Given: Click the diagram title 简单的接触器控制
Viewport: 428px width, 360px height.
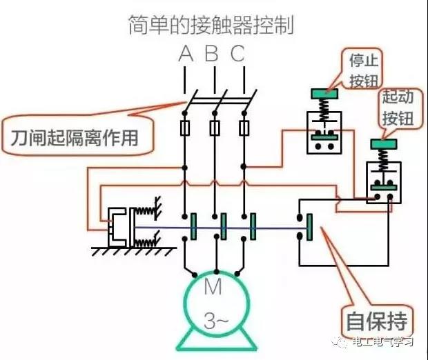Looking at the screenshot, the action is tap(211, 25).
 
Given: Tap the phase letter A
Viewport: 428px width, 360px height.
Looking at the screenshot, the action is tap(186, 54).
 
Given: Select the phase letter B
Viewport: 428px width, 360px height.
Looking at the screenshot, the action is tap(212, 53).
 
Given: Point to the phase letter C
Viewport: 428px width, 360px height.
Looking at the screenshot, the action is tap(237, 54).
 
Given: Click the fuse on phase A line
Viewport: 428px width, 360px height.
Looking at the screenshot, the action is tap(185, 128).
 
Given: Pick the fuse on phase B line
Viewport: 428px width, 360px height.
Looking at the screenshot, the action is tap(215, 128).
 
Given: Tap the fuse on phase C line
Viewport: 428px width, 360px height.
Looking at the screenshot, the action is tap(244, 128).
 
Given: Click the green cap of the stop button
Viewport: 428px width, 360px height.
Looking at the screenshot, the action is tap(324, 94).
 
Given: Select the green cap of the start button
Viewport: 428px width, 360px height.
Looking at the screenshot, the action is tap(384, 144).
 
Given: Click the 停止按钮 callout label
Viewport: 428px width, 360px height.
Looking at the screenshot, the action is tap(364, 70).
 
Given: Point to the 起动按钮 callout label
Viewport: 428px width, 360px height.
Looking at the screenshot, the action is tap(398, 108).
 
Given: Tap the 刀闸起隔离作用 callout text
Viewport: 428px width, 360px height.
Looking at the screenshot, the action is tap(75, 138).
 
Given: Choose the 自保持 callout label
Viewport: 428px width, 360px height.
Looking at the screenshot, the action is tap(377, 321).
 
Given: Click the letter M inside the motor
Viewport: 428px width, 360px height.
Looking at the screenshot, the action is tap(213, 287).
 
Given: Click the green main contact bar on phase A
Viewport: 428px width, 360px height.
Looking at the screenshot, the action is tap(193, 227).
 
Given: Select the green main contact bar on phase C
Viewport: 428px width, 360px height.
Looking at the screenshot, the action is tap(253, 227).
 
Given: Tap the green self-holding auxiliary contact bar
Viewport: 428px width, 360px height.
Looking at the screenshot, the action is tap(309, 227).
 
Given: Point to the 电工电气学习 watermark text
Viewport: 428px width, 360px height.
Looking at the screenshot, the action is tap(382, 342).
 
